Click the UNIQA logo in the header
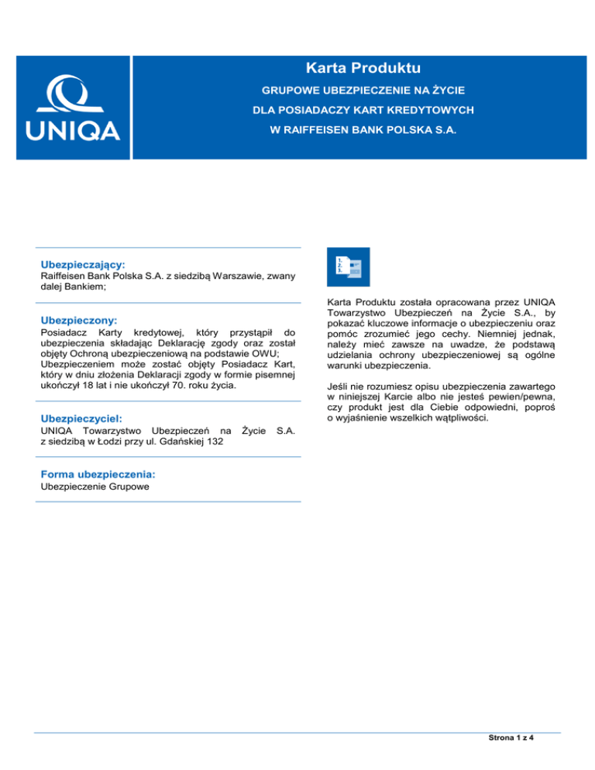tap(74, 108)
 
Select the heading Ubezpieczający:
tap(83, 264)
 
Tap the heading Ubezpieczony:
tap(78, 319)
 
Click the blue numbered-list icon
tap(349, 267)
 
